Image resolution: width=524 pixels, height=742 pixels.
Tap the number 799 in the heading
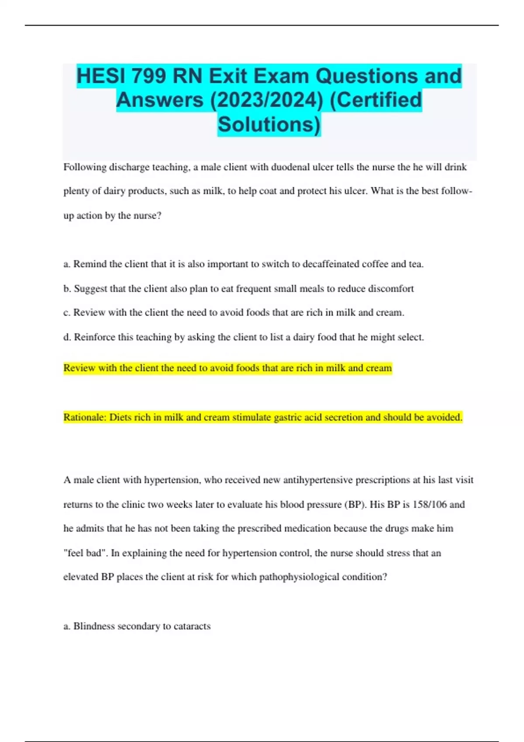tap(148, 76)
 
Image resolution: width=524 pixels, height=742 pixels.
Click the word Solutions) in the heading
tap(269, 124)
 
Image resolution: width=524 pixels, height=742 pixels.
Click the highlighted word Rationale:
tap(85, 417)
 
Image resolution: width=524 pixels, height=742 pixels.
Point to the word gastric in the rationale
tap(287, 417)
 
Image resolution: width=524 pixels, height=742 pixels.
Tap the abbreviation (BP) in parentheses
tap(354, 505)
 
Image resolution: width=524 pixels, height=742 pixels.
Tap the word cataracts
tap(192, 626)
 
